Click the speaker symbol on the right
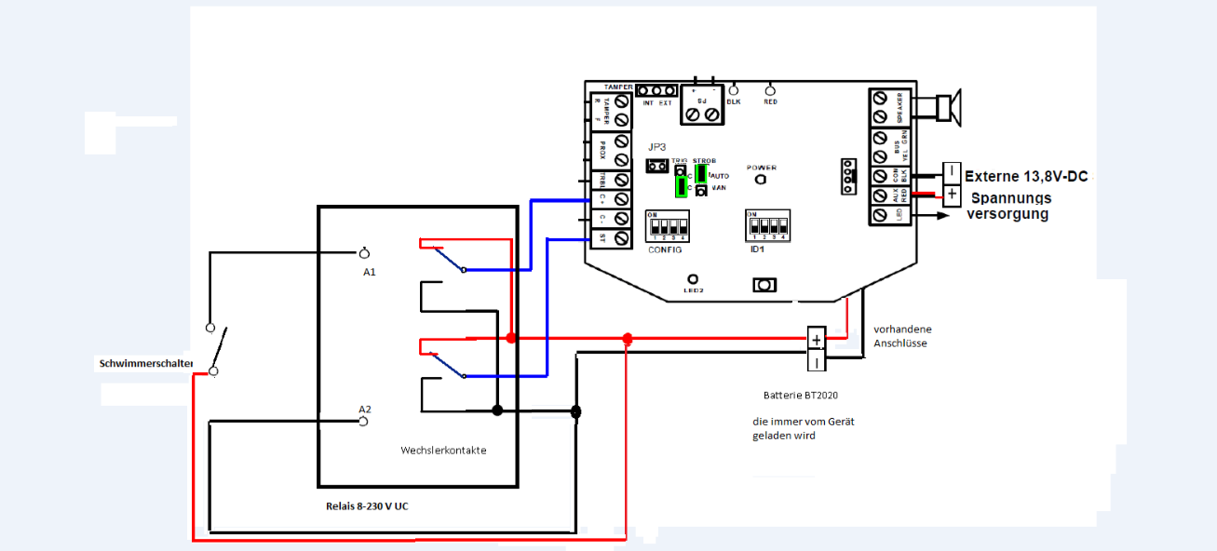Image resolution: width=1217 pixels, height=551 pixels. (x=948, y=107)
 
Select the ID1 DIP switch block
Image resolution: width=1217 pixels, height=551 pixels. (x=766, y=226)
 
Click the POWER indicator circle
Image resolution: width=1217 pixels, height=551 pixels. (x=760, y=180)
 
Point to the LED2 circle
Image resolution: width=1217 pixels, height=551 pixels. (x=693, y=279)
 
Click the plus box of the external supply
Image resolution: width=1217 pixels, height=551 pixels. (x=952, y=195)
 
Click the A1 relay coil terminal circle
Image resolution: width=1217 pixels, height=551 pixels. (x=365, y=252)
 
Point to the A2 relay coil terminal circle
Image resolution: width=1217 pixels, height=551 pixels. (x=365, y=422)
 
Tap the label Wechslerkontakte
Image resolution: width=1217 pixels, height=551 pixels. (x=443, y=450)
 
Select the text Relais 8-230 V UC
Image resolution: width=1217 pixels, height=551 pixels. (x=372, y=505)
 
